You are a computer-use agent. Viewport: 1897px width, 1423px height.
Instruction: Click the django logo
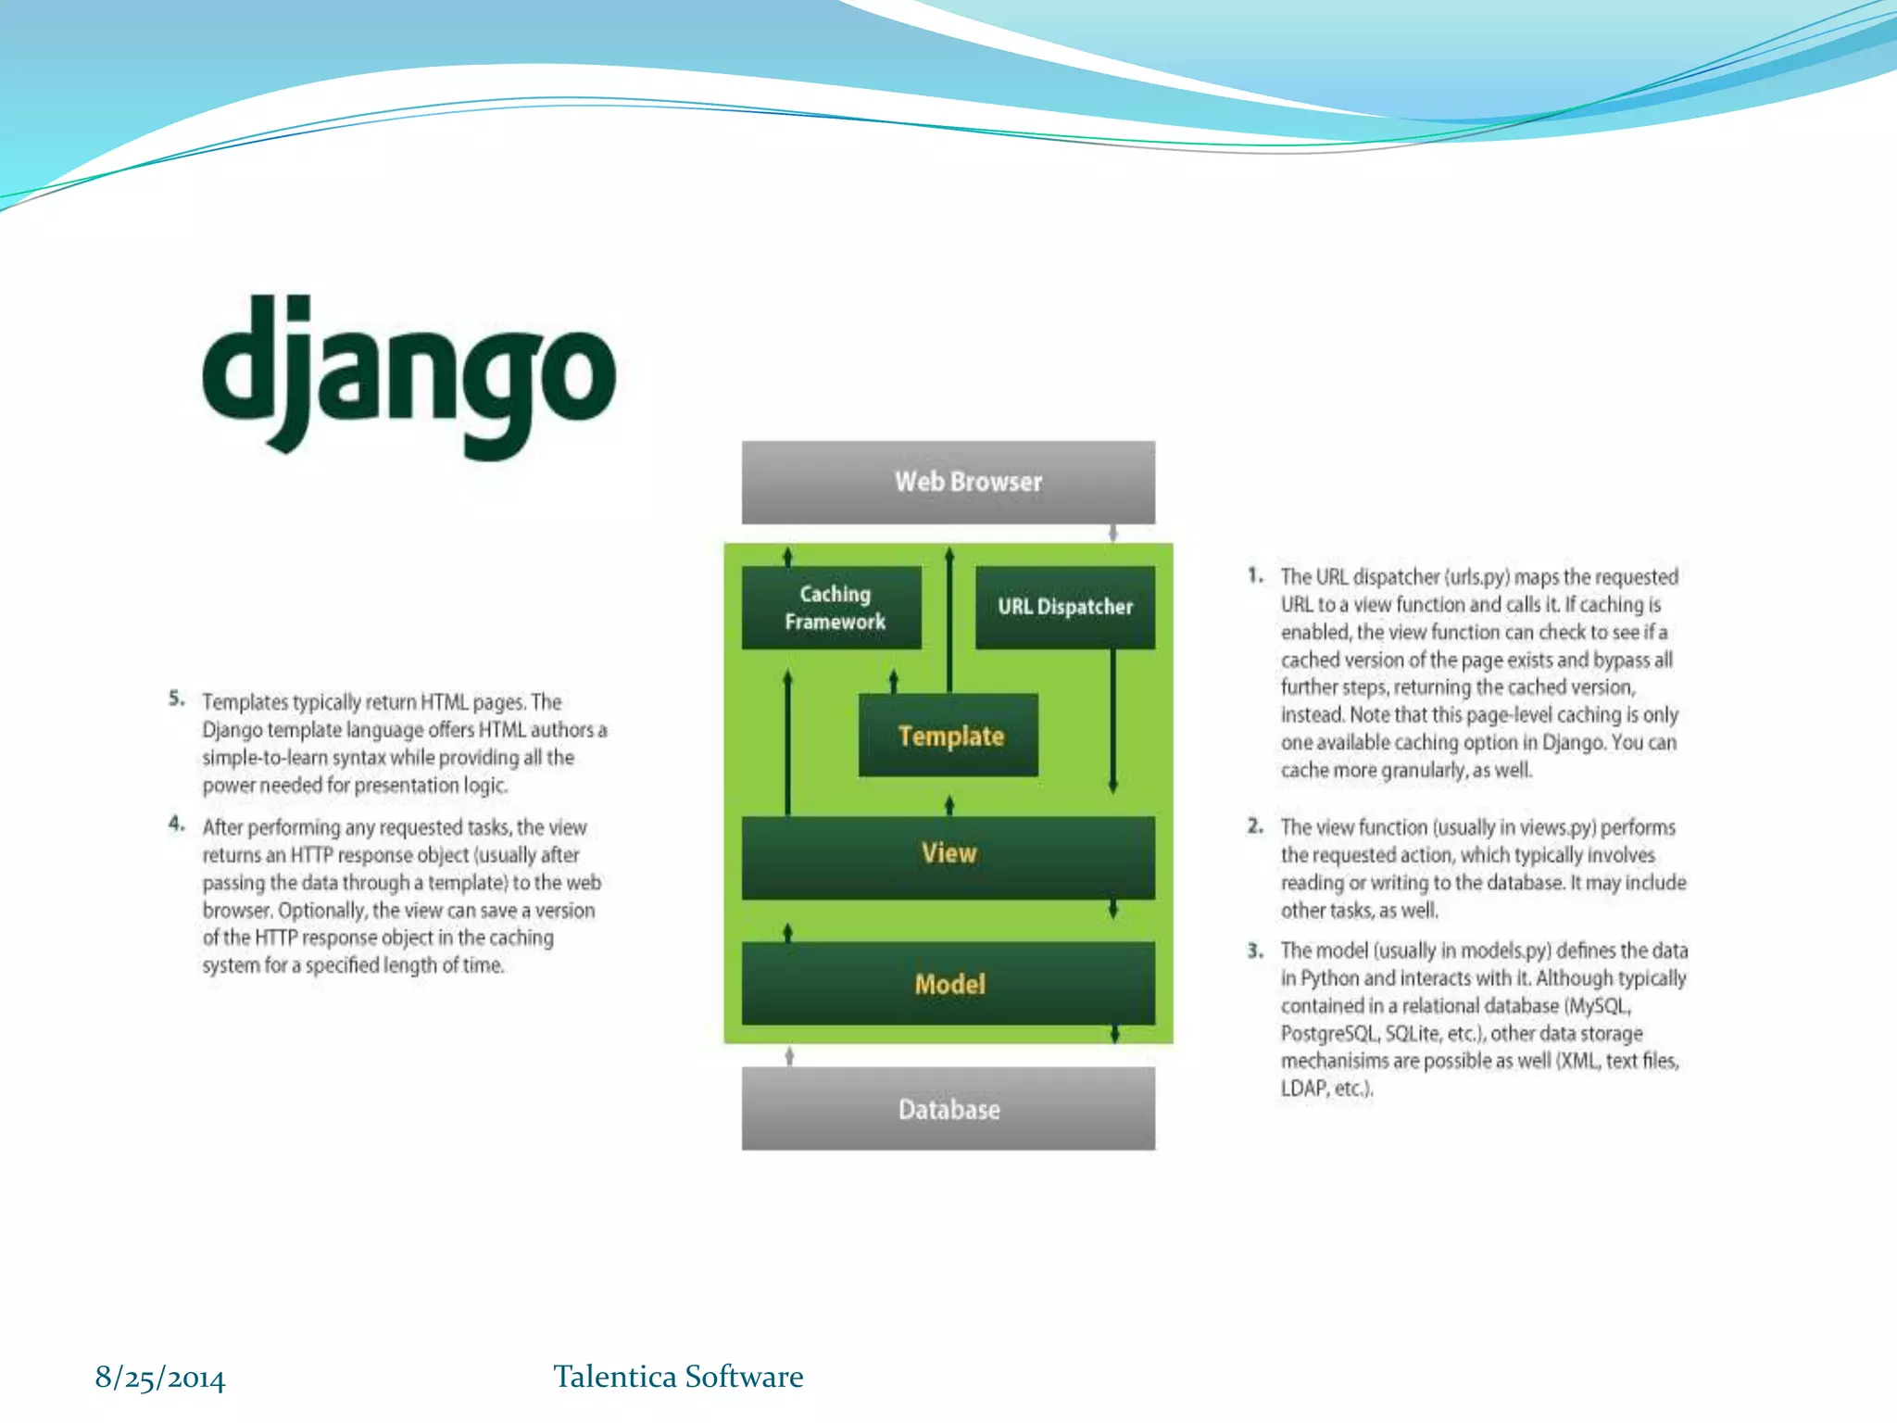(408, 375)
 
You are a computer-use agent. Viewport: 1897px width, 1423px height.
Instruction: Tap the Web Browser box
(948, 482)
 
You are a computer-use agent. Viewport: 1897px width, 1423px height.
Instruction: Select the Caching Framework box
(832, 608)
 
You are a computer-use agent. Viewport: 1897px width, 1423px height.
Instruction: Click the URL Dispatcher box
(1065, 608)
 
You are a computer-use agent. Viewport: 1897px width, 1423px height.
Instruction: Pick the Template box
(948, 736)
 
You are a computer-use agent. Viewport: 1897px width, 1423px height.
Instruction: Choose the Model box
(948, 984)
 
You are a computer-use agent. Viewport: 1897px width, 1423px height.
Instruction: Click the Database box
(948, 1109)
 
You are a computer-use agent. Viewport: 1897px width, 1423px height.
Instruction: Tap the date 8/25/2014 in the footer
(160, 1378)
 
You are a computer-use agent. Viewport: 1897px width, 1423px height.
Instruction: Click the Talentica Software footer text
(678, 1377)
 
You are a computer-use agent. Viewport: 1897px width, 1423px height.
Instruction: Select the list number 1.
(1254, 575)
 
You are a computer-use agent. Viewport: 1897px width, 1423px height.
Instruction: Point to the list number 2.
(1254, 825)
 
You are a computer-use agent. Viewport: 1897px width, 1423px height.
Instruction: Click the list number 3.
(1254, 950)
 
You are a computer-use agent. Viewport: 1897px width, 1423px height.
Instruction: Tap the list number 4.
(176, 824)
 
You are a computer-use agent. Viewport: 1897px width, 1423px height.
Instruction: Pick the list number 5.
(176, 699)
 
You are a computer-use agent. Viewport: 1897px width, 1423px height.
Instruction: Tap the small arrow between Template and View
(949, 804)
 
